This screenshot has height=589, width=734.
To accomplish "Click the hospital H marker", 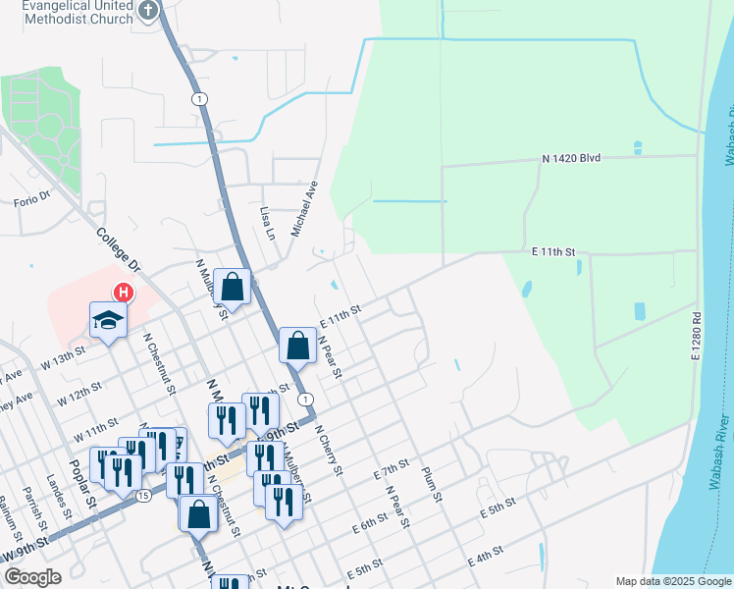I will pos(124,293).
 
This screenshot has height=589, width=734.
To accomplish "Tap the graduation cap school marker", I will pos(107,319).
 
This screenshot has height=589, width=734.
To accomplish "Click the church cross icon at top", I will pos(148,12).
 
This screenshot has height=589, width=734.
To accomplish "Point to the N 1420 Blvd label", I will pos(570,158).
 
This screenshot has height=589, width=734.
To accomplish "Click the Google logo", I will pos(33,577).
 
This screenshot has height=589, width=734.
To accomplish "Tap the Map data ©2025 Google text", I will pos(672,581).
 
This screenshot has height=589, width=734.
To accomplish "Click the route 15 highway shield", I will pos(144,496).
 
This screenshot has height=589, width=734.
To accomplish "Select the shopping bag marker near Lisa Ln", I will pos(233,287).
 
